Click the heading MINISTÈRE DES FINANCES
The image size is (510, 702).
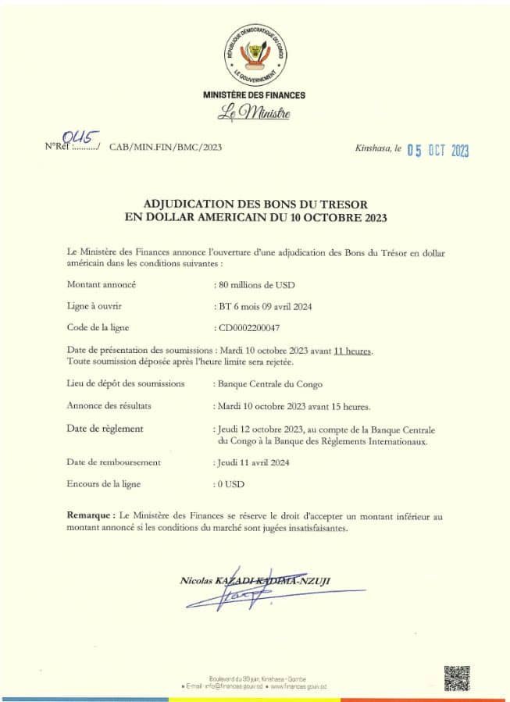coord(255,95)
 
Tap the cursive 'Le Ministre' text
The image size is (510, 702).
coord(254,114)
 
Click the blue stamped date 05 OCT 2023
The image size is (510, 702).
coord(437,151)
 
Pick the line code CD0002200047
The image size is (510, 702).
coord(248,329)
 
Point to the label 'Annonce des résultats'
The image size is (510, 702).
coord(109,406)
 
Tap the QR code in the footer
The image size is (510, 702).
coord(457,678)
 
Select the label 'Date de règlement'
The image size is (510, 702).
coord(105,429)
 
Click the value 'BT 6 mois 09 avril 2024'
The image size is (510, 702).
coord(263,306)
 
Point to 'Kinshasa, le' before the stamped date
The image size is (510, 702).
coord(378,148)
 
